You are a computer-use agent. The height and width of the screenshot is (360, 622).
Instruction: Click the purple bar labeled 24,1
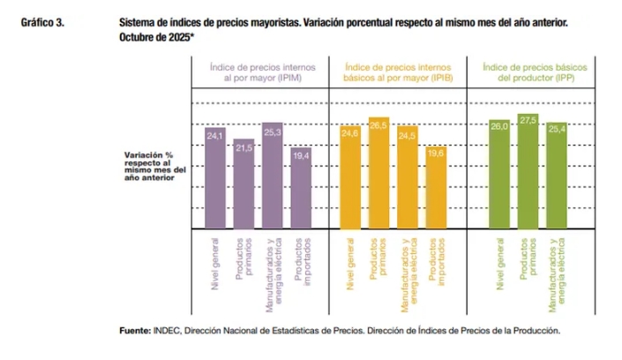point(216,176)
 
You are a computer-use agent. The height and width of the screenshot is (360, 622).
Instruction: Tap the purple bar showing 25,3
point(273,174)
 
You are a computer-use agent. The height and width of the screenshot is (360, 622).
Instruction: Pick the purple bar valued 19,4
point(301,186)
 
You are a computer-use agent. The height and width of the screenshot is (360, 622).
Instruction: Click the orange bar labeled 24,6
point(350,176)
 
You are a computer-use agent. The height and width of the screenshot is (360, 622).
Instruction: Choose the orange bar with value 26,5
point(379,172)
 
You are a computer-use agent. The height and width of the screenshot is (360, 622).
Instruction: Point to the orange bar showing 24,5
point(408,176)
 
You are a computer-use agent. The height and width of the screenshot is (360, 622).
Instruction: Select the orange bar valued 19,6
point(436,186)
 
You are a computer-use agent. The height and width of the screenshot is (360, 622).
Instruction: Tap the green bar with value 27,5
point(528,170)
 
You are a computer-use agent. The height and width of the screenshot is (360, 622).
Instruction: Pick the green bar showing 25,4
point(557,174)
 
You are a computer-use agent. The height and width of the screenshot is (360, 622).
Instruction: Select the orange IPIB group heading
point(393,71)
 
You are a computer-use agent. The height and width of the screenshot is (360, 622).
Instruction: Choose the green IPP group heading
point(528,71)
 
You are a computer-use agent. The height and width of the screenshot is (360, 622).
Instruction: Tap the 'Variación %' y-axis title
point(148,155)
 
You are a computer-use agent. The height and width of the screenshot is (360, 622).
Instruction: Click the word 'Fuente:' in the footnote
point(137,331)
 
